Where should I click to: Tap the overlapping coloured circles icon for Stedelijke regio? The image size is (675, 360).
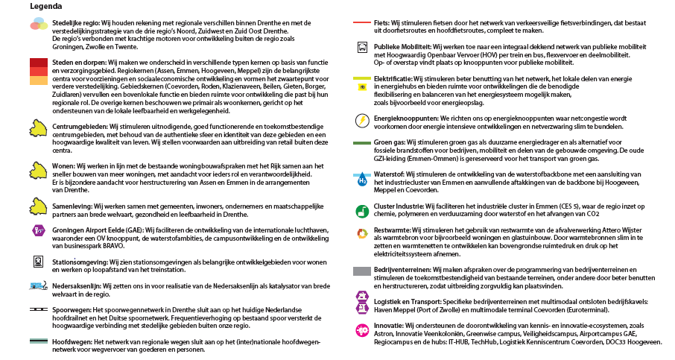coord(39,28)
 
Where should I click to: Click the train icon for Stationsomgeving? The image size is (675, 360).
coord(39,262)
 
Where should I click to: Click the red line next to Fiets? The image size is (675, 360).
coord(361,23)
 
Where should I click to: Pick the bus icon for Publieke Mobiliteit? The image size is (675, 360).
coord(362,47)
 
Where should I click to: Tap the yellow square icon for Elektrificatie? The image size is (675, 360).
coord(362,86)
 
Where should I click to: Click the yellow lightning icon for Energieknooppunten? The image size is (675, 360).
coord(362,119)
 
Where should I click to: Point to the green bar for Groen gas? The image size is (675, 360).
coord(362,142)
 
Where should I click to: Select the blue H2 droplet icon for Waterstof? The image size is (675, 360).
coord(362,179)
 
